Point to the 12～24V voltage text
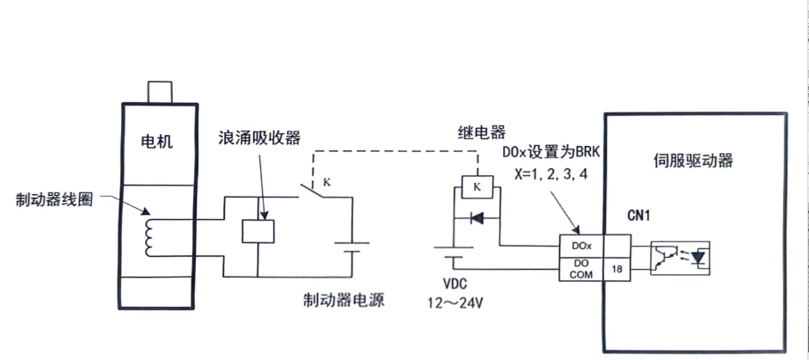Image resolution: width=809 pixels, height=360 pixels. [453, 302]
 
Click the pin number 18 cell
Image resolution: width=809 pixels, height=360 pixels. [617, 268]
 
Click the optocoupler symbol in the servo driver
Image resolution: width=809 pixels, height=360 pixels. [679, 256]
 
